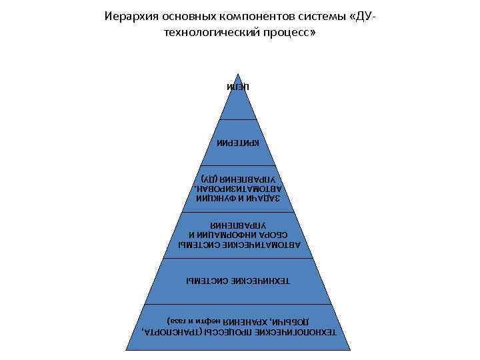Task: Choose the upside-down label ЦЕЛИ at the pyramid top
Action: (x=238, y=87)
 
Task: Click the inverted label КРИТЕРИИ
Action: (x=238, y=143)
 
